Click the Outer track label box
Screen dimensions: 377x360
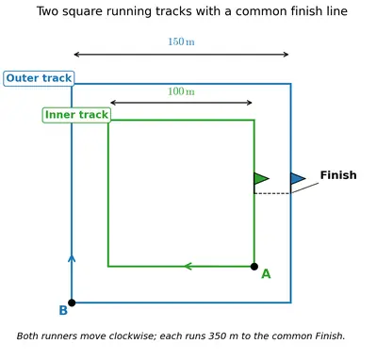39,78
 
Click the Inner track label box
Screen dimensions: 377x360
76,115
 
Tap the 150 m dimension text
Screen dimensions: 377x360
181,41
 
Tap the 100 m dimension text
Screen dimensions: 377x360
181,91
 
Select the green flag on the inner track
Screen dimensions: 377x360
261,178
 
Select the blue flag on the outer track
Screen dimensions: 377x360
298,178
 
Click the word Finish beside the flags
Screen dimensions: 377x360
338,175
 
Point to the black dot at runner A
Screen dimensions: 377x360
254,267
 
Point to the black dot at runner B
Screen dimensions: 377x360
72,303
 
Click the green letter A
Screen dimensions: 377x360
266,274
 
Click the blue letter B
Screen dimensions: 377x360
63,311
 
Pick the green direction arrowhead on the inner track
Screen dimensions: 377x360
188,267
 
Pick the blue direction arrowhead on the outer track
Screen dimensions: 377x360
72,258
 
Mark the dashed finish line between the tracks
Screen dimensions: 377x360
272,193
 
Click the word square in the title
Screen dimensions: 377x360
82,12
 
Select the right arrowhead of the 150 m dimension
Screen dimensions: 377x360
286,55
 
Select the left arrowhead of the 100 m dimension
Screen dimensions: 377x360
113,103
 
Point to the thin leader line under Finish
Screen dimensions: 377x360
304,188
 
